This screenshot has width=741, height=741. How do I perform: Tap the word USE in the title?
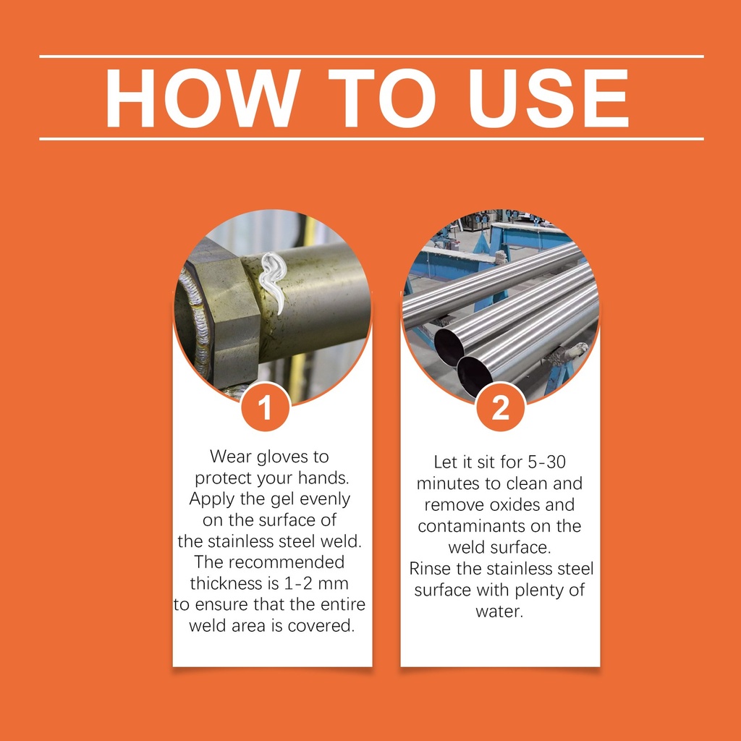[548, 98]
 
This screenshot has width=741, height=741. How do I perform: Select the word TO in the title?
[382, 98]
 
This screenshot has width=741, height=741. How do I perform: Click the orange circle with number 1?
[265, 407]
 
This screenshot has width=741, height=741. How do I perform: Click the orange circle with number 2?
[501, 407]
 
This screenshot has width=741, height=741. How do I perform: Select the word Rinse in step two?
[431, 569]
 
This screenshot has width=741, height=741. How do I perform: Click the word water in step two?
[499, 612]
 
